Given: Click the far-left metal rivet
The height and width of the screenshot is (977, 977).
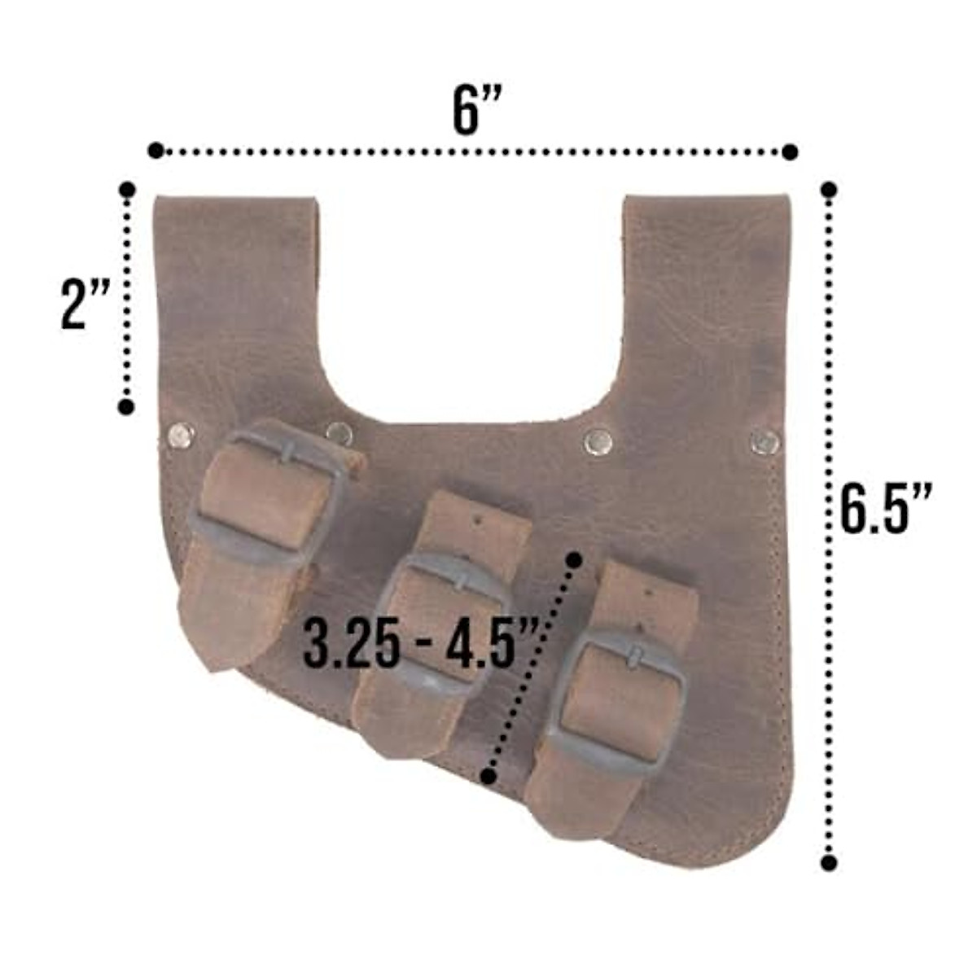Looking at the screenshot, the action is click(181, 436).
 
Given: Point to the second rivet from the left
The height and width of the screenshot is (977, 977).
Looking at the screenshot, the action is click(340, 433).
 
